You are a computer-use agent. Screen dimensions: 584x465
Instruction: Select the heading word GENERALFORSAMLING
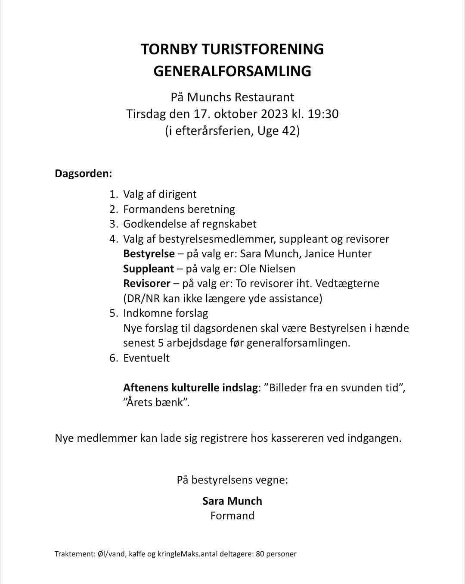pyautogui.click(x=232, y=71)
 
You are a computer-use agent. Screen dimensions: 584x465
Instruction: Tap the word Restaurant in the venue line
pyautogui.click(x=267, y=97)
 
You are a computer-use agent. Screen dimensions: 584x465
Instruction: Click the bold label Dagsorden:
pyautogui.click(x=84, y=174)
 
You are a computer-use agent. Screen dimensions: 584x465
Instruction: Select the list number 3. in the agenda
pyautogui.click(x=114, y=224)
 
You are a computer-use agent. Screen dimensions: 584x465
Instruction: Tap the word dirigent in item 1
pyautogui.click(x=177, y=194)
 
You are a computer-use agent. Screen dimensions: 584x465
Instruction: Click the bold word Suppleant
pyautogui.click(x=149, y=269)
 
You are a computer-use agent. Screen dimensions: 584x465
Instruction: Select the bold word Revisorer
pyautogui.click(x=147, y=284)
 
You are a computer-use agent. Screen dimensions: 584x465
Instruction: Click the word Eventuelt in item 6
pyautogui.click(x=146, y=358)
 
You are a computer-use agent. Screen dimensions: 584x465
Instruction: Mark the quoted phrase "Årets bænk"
pyautogui.click(x=157, y=403)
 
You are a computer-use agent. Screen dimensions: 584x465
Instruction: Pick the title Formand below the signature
pyautogui.click(x=232, y=516)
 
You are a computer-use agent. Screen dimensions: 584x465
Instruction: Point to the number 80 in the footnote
pyautogui.click(x=260, y=554)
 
